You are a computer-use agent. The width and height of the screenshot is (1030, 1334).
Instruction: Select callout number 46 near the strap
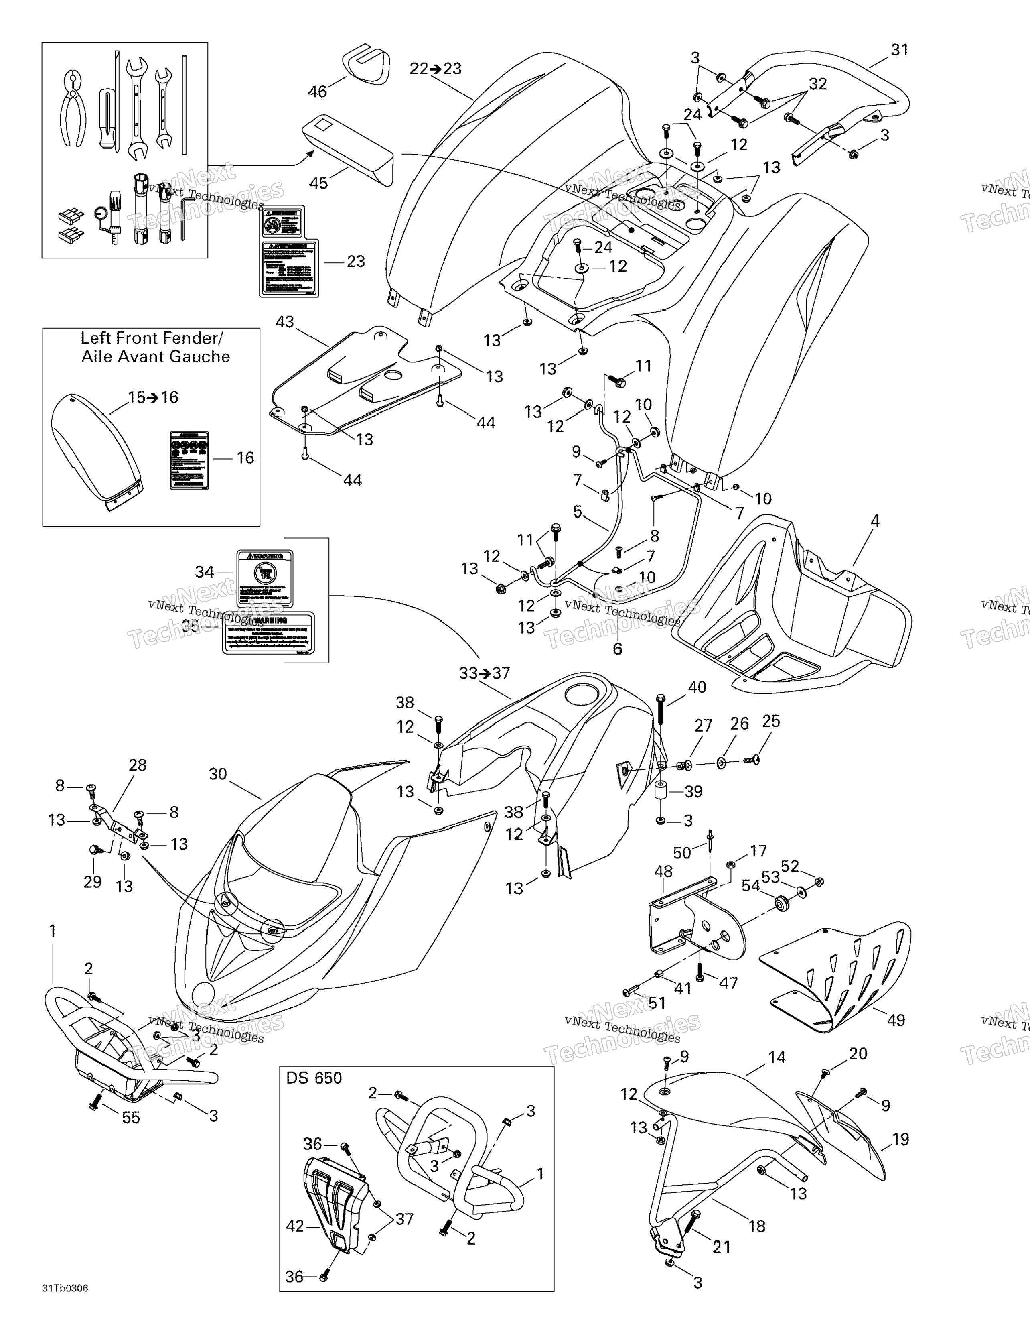318,92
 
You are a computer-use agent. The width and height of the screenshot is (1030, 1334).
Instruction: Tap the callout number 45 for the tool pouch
319,183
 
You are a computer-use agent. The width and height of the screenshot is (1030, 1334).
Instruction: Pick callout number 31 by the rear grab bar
899,50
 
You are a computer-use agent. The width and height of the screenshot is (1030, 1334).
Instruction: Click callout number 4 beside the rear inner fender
875,521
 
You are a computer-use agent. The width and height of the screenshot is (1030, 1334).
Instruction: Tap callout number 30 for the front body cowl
218,774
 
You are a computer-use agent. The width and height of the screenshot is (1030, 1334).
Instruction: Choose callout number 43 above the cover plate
285,322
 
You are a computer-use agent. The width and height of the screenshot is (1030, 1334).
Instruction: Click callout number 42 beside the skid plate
295,1226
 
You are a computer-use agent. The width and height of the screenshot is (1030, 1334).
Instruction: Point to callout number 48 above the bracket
664,872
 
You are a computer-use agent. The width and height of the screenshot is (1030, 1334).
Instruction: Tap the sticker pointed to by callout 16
189,460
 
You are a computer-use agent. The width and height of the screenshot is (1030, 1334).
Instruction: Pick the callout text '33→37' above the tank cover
484,673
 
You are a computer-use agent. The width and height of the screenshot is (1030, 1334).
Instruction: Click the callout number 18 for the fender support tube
756,1226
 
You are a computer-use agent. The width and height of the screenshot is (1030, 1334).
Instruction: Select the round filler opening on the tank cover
584,694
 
